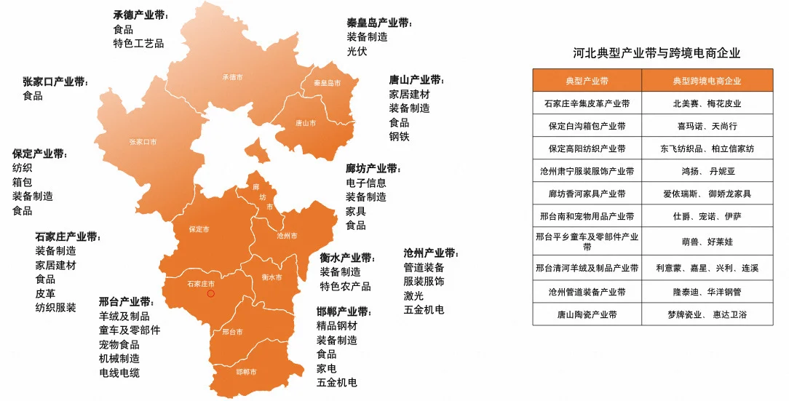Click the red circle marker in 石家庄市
point(211,293)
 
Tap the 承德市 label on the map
point(231,76)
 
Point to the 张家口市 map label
point(143,142)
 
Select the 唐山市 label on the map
point(306,123)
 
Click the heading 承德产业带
point(139,15)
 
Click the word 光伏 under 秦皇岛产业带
point(357,51)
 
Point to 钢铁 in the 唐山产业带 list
point(399,136)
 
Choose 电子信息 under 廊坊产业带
point(365,183)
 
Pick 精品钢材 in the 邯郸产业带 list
point(336,325)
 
